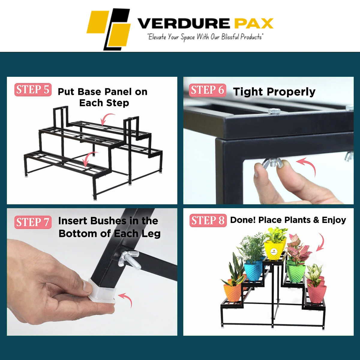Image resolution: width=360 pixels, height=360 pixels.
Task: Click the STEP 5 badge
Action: [33, 90]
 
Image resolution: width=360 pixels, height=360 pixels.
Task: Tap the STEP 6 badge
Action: [207, 90]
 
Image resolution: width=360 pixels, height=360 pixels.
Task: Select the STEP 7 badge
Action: [33, 222]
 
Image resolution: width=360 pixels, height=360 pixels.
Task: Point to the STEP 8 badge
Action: [208, 220]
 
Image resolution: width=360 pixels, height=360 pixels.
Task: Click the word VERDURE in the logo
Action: [184, 23]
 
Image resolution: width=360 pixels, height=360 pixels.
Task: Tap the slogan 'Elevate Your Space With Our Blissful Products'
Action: [205, 37]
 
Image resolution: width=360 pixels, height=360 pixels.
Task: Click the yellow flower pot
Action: [275, 250]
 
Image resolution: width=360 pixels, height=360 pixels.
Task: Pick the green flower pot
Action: [296, 271]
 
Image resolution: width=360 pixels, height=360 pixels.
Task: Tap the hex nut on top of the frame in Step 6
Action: [274, 111]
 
